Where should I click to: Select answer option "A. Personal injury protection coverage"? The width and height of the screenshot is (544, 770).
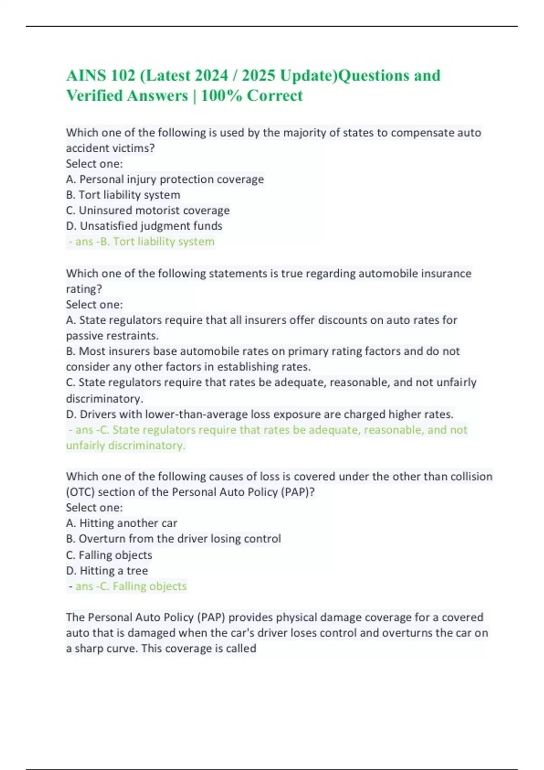pyautogui.click(x=165, y=179)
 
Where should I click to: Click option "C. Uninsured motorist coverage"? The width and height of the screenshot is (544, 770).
pyautogui.click(x=148, y=210)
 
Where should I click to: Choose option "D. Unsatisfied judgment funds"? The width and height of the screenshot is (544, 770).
pyautogui.click(x=144, y=226)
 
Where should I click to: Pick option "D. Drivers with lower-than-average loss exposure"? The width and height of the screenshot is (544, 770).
pyautogui.click(x=260, y=414)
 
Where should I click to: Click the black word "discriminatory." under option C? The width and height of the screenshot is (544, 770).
pyautogui.click(x=104, y=399)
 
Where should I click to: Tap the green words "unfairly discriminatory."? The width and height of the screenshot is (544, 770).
pyautogui.click(x=126, y=445)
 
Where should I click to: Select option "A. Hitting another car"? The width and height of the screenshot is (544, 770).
pyautogui.click(x=121, y=523)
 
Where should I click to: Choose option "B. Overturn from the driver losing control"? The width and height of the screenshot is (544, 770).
pyautogui.click(x=173, y=539)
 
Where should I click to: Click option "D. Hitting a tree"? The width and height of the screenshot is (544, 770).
pyautogui.click(x=107, y=571)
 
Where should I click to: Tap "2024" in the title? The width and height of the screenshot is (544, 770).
pyautogui.click(x=211, y=75)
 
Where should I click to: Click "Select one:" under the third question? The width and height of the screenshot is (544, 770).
pyautogui.click(x=94, y=507)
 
